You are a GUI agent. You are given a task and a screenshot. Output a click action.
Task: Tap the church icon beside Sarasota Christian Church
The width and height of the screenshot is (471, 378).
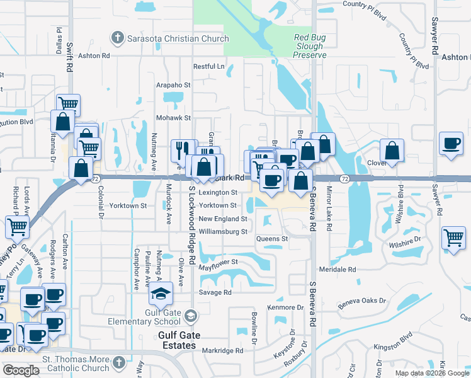pyautogui.click(x=117, y=38)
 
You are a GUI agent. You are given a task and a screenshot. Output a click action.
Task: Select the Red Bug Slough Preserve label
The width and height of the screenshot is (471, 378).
pyautogui.click(x=310, y=47)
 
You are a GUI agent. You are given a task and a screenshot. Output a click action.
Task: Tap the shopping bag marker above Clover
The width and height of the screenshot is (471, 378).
pyautogui.click(x=392, y=151)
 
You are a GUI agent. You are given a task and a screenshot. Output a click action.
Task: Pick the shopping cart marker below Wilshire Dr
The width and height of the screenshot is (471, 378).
pyautogui.click(x=453, y=237)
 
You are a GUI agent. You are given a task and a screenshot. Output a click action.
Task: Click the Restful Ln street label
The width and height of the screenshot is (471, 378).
pyautogui.click(x=209, y=66)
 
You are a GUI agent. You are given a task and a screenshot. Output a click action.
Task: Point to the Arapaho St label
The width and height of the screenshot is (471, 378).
pyautogui.click(x=173, y=84)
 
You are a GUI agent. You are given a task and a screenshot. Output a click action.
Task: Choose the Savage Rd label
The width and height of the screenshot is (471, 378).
pyautogui.click(x=216, y=292)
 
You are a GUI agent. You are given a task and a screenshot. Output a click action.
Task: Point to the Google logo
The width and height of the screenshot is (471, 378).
pyautogui.click(x=21, y=370)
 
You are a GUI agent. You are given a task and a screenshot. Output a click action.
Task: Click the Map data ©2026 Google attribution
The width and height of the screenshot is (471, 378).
pyautogui.click(x=431, y=373)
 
